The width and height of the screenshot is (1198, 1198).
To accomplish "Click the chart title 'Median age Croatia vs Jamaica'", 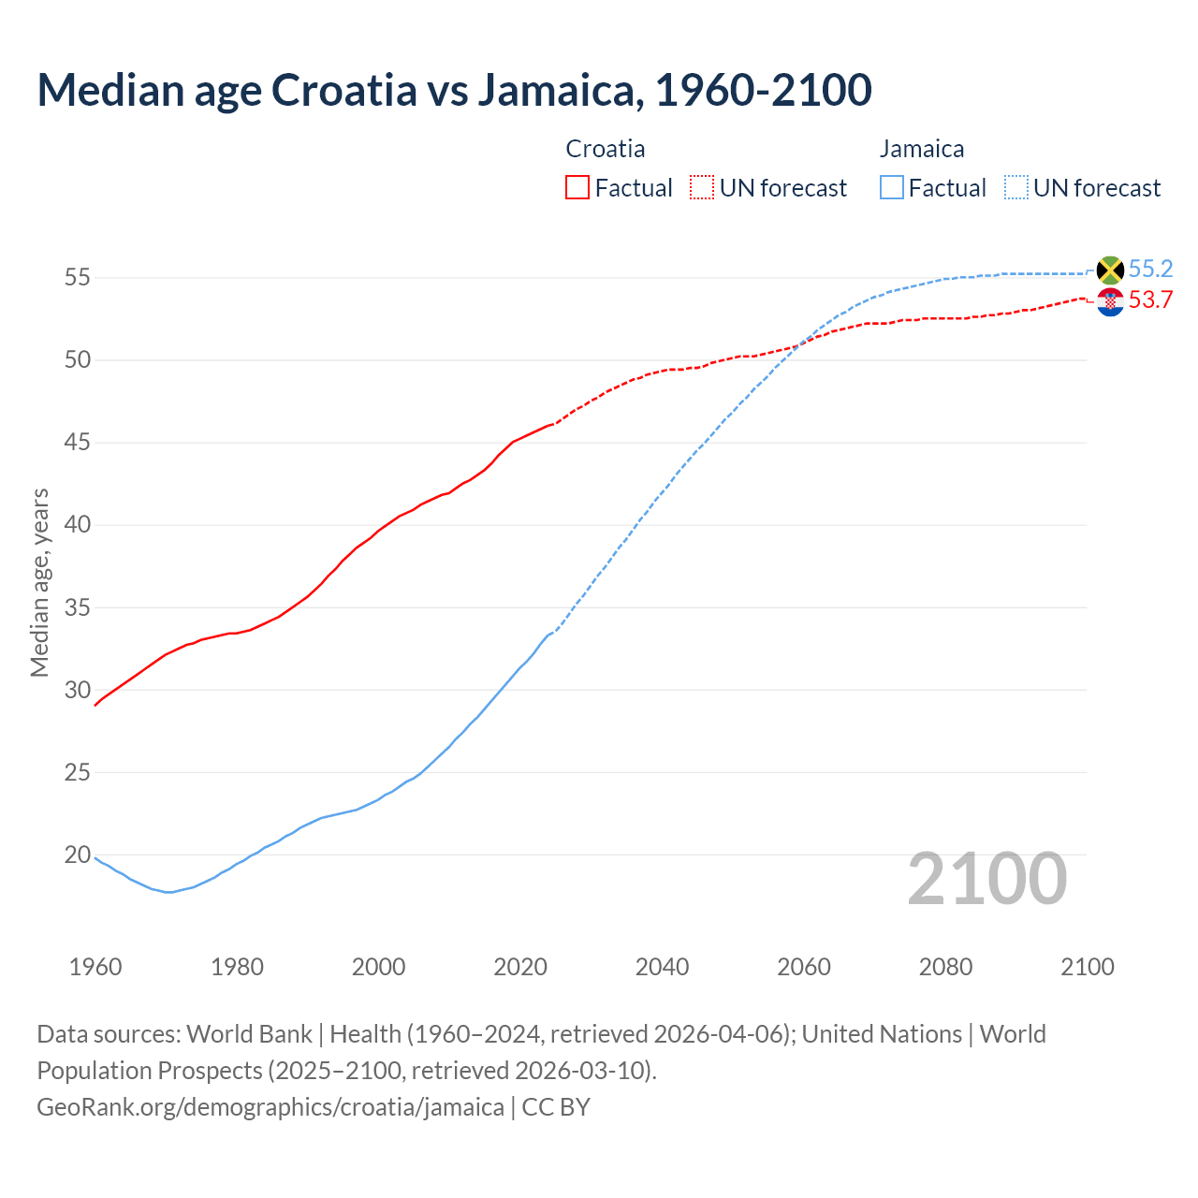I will pyautogui.click(x=454, y=90).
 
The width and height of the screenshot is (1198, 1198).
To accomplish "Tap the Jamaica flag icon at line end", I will pyautogui.click(x=1110, y=270).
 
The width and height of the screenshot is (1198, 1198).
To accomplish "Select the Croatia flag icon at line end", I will pyautogui.click(x=1110, y=301).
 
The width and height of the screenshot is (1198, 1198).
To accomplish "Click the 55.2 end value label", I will pyautogui.click(x=1150, y=270).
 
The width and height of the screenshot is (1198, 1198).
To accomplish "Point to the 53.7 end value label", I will pyautogui.click(x=1150, y=300).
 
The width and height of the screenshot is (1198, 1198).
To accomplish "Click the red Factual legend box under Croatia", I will pyautogui.click(x=577, y=188).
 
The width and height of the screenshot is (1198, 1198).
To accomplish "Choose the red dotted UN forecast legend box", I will pyautogui.click(x=702, y=188).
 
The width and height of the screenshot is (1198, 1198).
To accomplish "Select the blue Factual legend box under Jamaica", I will pyautogui.click(x=892, y=188).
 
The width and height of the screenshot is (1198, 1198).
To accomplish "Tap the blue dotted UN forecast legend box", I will pyautogui.click(x=1016, y=188).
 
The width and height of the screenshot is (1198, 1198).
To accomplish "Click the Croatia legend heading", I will pyautogui.click(x=606, y=149).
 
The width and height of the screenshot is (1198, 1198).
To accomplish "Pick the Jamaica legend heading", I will pyautogui.click(x=922, y=149).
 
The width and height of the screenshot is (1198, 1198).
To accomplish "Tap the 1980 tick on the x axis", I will pyautogui.click(x=237, y=967).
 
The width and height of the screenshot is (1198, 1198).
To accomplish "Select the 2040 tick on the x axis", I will pyautogui.click(x=662, y=967).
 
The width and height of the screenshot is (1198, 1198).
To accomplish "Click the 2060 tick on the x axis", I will pyautogui.click(x=804, y=967).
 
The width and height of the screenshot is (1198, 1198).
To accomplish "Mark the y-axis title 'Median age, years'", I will pyautogui.click(x=39, y=582).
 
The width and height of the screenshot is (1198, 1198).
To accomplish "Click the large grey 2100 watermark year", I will pyautogui.click(x=986, y=879).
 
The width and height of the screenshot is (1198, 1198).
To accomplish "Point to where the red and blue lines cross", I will pyautogui.click(x=800, y=344).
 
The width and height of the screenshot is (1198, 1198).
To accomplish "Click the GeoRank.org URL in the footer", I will pyautogui.click(x=270, y=1107).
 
